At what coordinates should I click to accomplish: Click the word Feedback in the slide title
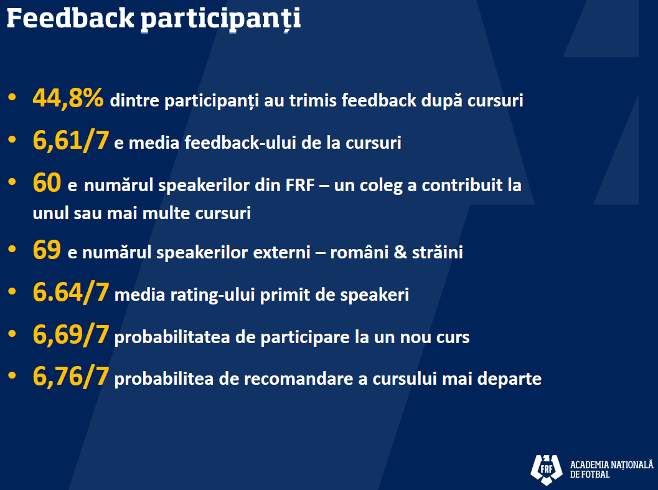[x=70, y=19]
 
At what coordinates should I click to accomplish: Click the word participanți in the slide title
[x=221, y=20]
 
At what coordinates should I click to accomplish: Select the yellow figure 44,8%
[x=68, y=98]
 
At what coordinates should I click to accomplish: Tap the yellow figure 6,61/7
[x=71, y=140]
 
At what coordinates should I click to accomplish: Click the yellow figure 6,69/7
[x=71, y=334]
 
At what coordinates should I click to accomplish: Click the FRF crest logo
[x=547, y=469]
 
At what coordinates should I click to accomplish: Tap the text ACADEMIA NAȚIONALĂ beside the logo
[x=612, y=465]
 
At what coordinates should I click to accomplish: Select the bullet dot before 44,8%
[x=12, y=97]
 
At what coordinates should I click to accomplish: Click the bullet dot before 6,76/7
[x=12, y=375]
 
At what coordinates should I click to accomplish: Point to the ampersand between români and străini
[x=400, y=252]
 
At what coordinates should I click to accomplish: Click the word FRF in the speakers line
[x=300, y=185]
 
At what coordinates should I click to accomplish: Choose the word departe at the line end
[x=509, y=380]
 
